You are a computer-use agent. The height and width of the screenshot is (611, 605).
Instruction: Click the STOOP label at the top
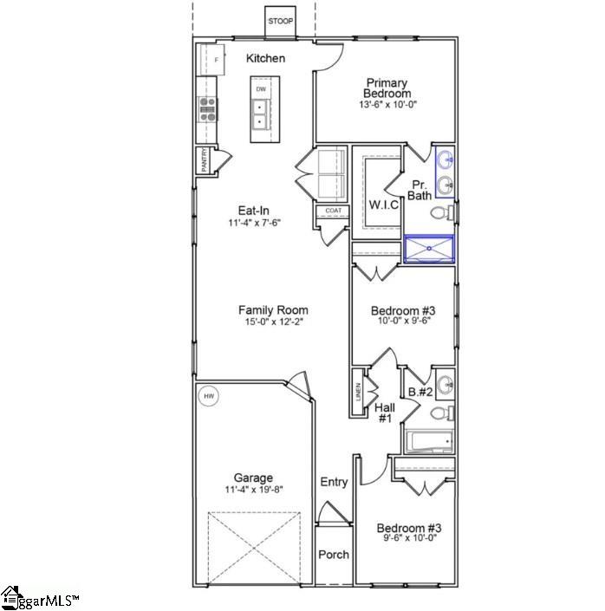(x=280, y=20)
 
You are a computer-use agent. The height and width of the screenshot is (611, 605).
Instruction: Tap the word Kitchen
(x=265, y=58)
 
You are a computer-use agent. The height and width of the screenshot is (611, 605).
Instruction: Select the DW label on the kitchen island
(x=260, y=89)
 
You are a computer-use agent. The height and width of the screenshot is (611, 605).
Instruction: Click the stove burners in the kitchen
(x=207, y=107)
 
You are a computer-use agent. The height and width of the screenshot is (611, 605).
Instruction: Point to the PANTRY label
(x=204, y=161)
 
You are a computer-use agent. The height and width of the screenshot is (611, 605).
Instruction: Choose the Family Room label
(x=273, y=309)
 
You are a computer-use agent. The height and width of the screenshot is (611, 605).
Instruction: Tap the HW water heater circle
(x=208, y=397)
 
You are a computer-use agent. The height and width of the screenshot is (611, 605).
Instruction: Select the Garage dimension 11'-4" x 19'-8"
(x=253, y=490)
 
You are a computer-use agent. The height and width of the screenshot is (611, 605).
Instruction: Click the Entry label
(x=334, y=482)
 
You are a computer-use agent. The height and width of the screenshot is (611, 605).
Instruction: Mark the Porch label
(x=333, y=555)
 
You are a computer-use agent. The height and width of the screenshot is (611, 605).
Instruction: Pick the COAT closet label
(x=333, y=211)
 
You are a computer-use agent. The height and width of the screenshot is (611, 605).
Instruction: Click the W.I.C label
(x=383, y=205)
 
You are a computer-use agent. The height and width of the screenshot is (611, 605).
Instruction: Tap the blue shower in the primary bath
(x=430, y=250)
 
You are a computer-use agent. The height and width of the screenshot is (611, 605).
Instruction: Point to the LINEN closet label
(x=358, y=392)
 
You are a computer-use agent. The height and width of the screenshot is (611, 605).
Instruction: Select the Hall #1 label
(x=385, y=412)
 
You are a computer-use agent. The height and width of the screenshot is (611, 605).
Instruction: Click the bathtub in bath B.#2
(x=428, y=442)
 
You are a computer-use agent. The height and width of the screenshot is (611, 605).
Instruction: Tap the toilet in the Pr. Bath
(x=440, y=212)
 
